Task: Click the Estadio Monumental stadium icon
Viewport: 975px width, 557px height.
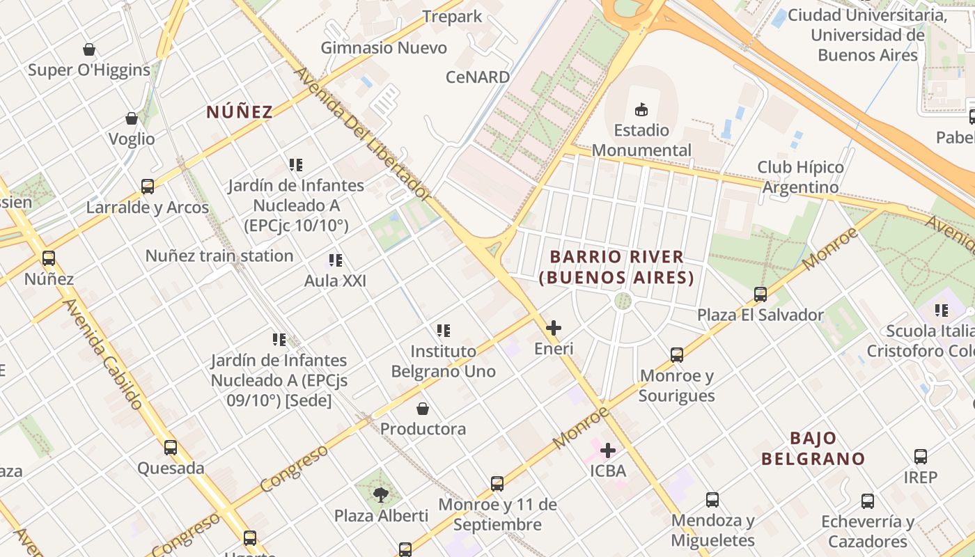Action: [x=641, y=109]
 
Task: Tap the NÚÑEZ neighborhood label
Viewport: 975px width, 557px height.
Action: [x=239, y=111]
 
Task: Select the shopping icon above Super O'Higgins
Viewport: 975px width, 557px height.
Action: [x=89, y=49]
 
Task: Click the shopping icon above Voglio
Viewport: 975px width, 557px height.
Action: [x=132, y=118]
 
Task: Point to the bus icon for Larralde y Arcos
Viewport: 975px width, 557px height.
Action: [x=148, y=187]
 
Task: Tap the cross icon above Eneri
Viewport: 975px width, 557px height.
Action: [x=554, y=327]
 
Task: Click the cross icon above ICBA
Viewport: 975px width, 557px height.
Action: [x=608, y=450]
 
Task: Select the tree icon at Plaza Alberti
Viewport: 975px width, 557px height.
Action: [x=380, y=495]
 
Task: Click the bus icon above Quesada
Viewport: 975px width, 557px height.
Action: [x=171, y=448]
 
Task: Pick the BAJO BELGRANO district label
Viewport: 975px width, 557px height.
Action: [x=813, y=448]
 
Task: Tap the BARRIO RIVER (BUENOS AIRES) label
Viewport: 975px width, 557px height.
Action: [x=616, y=267]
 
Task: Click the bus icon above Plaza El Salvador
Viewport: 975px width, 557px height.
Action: [x=760, y=295]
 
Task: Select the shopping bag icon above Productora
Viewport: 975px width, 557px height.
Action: [x=423, y=408]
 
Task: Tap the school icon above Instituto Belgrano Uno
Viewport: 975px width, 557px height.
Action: [x=444, y=331]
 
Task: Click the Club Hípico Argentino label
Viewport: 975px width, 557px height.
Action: [x=800, y=177]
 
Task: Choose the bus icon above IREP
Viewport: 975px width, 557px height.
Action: [x=921, y=457]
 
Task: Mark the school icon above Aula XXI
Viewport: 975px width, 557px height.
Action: [x=336, y=260]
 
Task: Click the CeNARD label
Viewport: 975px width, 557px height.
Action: [x=478, y=77]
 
